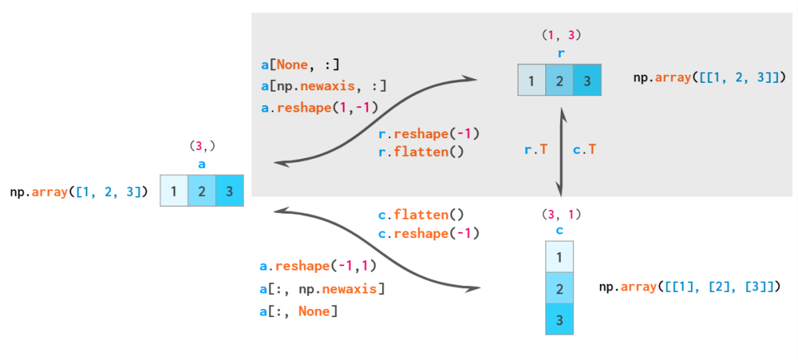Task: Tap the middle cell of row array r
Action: coord(559,80)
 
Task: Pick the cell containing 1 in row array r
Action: coord(532,80)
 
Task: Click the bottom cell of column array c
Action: coord(559,319)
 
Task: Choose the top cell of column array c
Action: coord(559,257)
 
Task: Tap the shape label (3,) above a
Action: coord(202,146)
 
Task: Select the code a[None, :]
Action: coord(300,65)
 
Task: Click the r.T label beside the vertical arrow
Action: coord(536,149)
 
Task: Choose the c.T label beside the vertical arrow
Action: coord(584,149)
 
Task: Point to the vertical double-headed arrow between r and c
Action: coord(561,152)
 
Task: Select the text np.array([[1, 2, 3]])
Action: coord(709,77)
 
